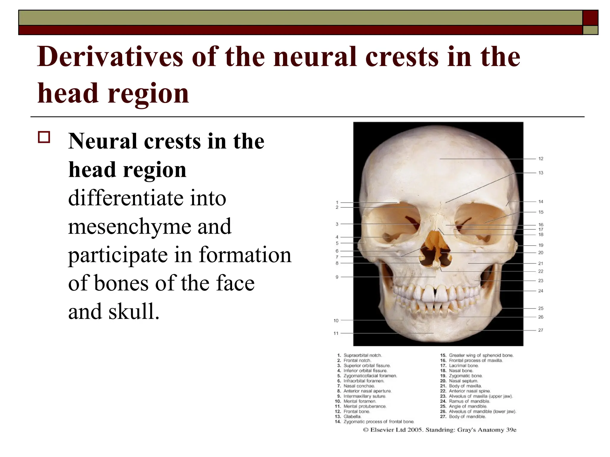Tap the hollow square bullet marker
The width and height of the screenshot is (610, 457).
(44, 138)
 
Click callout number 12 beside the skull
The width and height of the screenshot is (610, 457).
(541, 159)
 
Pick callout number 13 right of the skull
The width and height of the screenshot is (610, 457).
(541, 173)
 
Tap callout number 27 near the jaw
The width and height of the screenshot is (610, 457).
(541, 330)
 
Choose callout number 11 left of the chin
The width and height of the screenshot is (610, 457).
(336, 333)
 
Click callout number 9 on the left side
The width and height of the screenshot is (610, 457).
(337, 277)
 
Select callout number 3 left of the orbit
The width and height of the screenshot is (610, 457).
(337, 224)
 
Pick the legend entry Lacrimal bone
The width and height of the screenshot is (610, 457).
(463, 366)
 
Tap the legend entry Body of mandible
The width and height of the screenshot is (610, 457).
(467, 417)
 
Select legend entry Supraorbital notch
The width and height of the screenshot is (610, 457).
(362, 355)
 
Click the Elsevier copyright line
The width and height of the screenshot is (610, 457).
(440, 430)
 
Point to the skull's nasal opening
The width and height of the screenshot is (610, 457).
(435, 251)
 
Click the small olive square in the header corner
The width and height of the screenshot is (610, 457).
(590, 30)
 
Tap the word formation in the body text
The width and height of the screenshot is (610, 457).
(245, 255)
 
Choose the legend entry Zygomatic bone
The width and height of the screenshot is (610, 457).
(465, 376)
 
